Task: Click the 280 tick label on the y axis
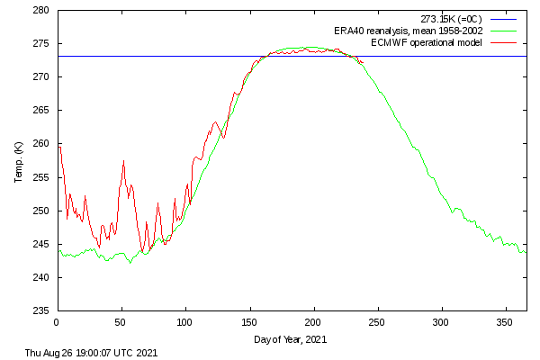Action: [41, 10]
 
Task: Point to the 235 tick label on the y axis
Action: [41, 310]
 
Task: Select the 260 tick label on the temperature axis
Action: [41, 144]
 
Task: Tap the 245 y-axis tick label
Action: [41, 244]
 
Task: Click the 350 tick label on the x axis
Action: [505, 323]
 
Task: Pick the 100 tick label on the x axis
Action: [184, 323]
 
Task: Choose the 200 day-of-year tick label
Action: [312, 323]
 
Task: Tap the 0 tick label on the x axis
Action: [57, 323]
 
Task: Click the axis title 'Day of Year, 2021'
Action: [291, 339]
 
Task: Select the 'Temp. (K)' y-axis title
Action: [18, 162]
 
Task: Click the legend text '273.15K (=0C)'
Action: [451, 19]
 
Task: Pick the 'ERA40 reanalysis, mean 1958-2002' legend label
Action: [408, 31]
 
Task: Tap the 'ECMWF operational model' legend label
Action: [427, 42]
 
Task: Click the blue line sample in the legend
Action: [503, 19]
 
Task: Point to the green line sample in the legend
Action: [503, 31]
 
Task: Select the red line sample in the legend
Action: [503, 42]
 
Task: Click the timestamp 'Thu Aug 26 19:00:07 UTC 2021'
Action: [91, 353]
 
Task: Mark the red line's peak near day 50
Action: [123, 160]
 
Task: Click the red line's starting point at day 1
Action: [59, 147]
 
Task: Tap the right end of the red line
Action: [364, 62]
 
